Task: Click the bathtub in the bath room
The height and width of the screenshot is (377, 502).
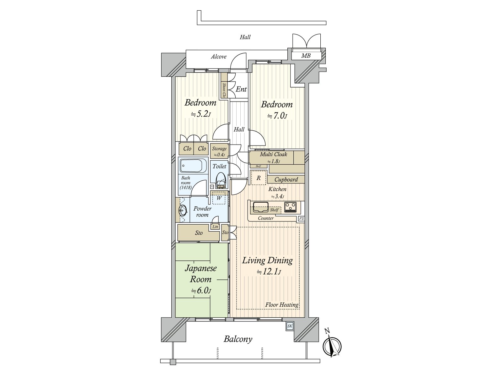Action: click(193, 166)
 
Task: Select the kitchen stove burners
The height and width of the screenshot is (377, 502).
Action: click(290, 207)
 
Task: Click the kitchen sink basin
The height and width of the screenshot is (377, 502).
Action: click(261, 207)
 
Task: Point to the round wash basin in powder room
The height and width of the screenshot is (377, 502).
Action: click(183, 210)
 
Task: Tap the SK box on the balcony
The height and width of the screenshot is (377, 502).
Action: click(289, 326)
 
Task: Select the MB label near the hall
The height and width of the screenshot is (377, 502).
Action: click(306, 56)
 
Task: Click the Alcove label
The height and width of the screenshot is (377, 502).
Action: click(218, 57)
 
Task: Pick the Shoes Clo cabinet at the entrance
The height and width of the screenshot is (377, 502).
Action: click(224, 90)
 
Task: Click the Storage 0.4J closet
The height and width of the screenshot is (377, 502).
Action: click(219, 151)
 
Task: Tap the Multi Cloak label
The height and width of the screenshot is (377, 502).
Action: click(273, 154)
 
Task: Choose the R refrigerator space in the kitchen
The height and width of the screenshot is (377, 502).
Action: click(259, 178)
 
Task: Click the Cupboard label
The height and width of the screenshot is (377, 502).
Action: click(286, 179)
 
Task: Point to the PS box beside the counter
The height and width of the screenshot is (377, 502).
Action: click(301, 219)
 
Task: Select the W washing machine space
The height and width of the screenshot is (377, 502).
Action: click(219, 198)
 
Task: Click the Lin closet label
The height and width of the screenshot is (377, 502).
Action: click(215, 227)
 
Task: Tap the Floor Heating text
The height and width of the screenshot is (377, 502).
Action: click(281, 305)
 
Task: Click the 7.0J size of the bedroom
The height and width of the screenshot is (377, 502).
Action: click(277, 116)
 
